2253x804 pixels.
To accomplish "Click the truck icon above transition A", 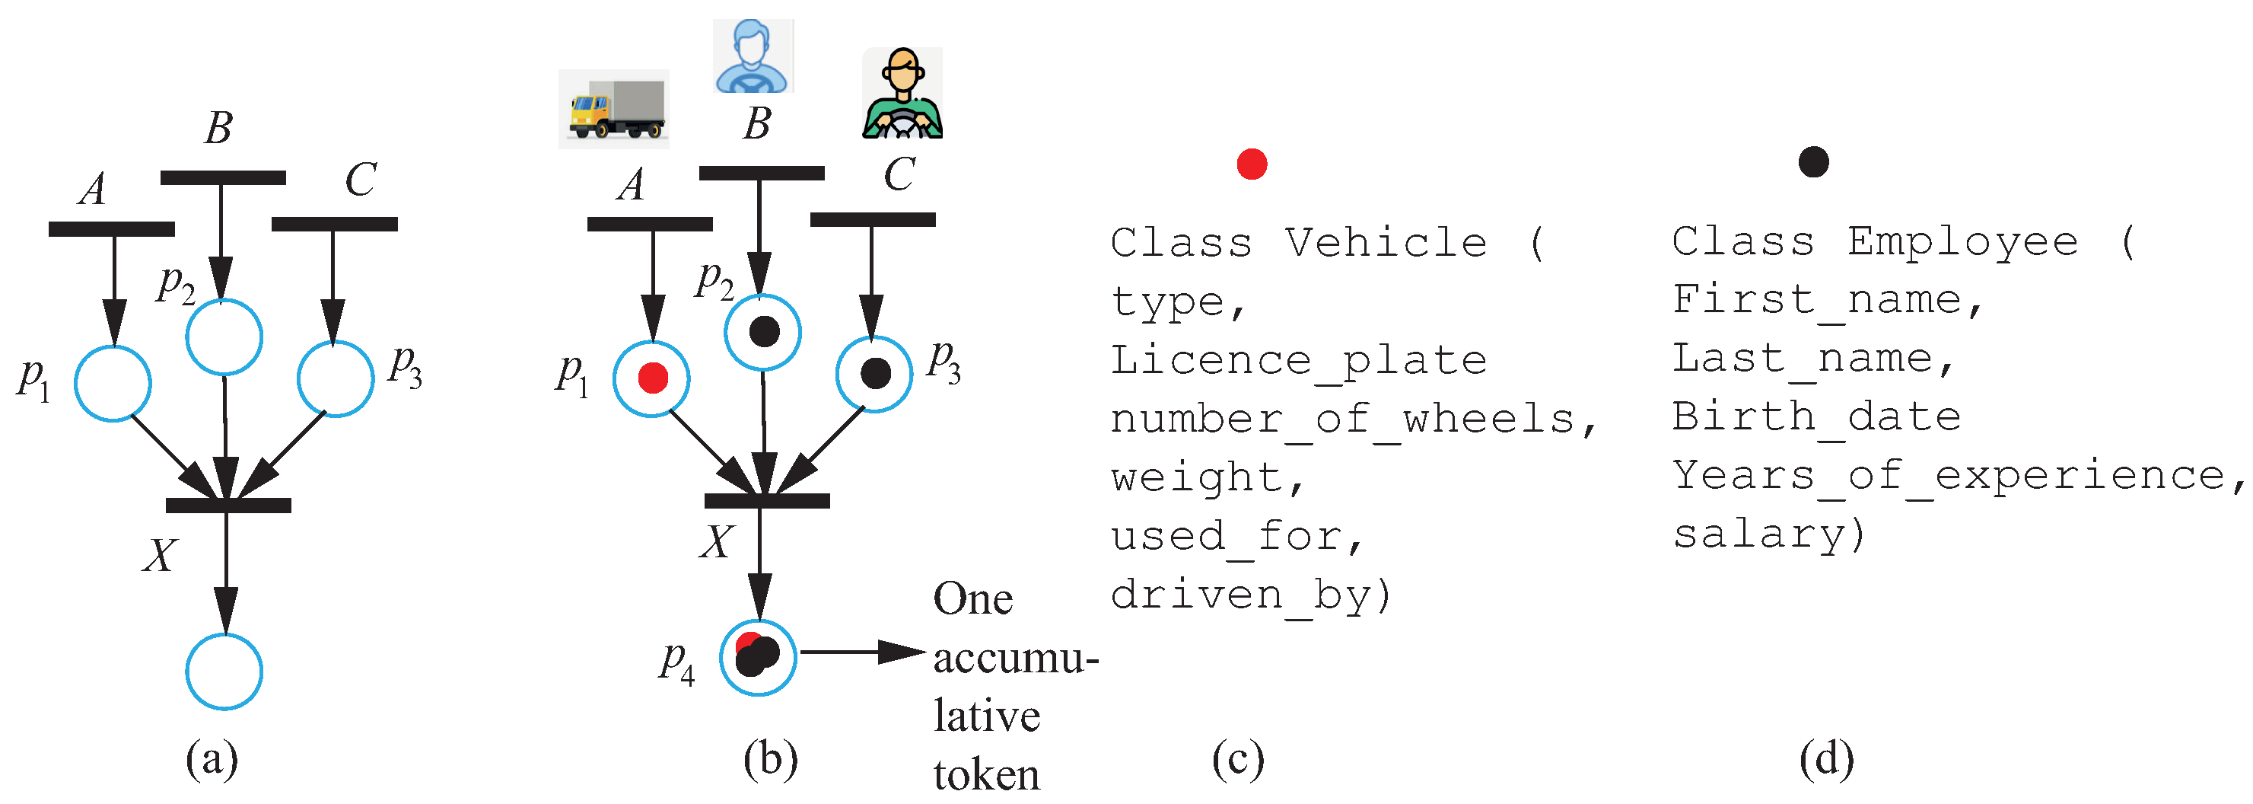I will tap(614, 110).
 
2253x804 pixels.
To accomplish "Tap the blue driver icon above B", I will tap(753, 56).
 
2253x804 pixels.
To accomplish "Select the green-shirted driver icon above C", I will tap(902, 94).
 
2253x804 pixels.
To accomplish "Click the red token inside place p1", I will tap(652, 378).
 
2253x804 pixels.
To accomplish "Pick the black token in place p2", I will tap(763, 331).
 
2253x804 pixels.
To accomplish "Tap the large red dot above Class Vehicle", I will tap(1252, 164).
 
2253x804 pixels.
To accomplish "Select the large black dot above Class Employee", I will tap(1813, 162).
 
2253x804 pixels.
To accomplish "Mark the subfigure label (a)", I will tap(212, 759).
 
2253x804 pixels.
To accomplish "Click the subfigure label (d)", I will tap(1826, 759).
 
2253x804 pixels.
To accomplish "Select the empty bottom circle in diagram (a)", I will tap(224, 672).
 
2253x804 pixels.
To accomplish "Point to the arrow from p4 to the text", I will tap(861, 652).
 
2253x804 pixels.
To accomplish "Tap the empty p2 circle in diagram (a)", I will tap(224, 337).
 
